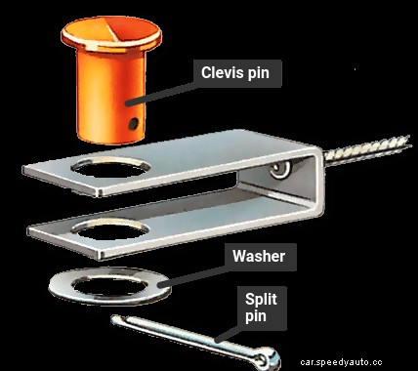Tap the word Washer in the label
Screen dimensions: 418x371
click(x=259, y=257)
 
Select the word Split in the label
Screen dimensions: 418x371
click(x=261, y=299)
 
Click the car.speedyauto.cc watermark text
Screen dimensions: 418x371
click(x=341, y=362)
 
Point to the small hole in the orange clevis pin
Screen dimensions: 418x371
click(x=133, y=124)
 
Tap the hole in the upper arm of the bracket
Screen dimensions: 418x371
click(x=110, y=168)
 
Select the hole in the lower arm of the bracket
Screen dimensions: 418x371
click(x=110, y=229)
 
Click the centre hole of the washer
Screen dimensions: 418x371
click(x=109, y=286)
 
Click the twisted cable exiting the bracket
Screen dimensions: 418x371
click(x=367, y=149)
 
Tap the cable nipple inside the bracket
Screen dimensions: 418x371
click(x=280, y=169)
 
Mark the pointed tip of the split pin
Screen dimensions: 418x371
click(x=113, y=318)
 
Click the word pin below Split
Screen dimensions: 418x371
click(x=256, y=316)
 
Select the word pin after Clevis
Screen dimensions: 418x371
click(x=258, y=73)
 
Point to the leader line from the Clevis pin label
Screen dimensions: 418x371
click(x=162, y=94)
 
